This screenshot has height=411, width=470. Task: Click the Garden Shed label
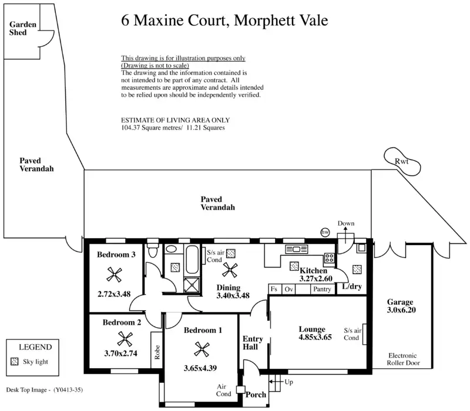pos(22,28)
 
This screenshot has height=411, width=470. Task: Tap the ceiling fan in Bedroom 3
pos(114,274)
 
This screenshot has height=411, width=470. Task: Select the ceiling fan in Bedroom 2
pos(125,339)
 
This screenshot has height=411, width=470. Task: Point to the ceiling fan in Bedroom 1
pos(202,349)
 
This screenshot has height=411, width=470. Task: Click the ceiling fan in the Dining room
pos(230,270)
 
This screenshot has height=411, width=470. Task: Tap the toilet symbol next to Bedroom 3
pos(153,251)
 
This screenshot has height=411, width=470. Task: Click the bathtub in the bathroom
pos(192,260)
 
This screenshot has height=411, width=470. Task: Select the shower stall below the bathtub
pos(192,285)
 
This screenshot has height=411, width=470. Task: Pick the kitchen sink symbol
pos(297,249)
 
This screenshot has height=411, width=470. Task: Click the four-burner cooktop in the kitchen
pos(329,258)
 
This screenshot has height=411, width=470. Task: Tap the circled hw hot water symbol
pos(325,232)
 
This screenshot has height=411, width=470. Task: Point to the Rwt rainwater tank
pos(402,161)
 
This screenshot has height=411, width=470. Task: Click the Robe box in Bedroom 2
pos(156,350)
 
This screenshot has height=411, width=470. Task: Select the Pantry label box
pos(322,289)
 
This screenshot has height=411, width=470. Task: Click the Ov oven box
pos(288,289)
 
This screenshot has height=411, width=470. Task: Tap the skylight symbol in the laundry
pos(357,270)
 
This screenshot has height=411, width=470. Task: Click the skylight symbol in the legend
pos(14,361)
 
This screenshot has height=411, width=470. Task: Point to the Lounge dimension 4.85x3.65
pos(315,337)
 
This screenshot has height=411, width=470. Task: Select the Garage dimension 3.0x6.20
pos(401,310)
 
